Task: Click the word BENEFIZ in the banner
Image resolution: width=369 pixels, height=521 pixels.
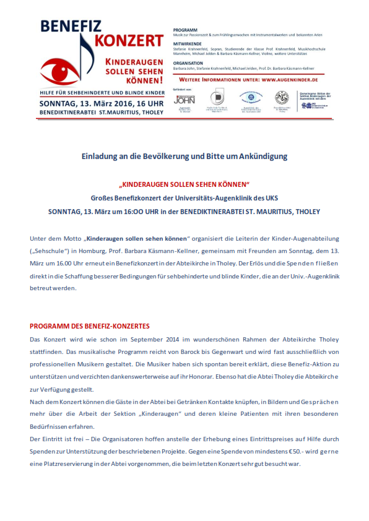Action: [x=70, y=27]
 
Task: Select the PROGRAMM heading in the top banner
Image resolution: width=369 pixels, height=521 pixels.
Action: [x=185, y=30]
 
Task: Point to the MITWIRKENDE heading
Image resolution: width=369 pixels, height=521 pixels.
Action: [x=188, y=45]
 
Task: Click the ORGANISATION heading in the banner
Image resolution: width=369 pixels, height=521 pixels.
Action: [x=189, y=62]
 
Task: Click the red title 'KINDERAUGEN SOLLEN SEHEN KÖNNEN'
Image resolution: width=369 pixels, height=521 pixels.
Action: [x=183, y=185]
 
